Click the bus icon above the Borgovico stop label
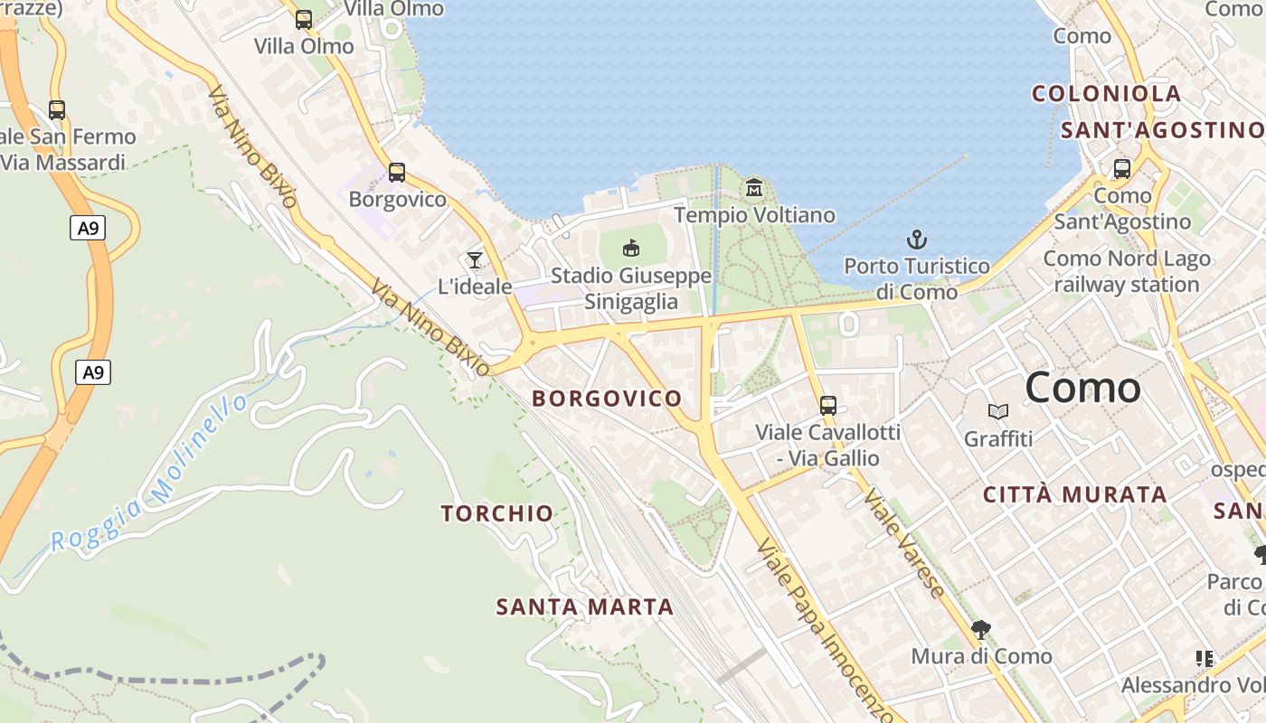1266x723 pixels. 396,173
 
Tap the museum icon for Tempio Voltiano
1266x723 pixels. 754,188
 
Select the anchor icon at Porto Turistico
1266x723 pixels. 917,239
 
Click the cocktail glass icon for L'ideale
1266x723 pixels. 474,260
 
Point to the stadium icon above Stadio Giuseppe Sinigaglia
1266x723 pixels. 631,248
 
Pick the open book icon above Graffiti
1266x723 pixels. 997,412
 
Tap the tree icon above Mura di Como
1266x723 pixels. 980,629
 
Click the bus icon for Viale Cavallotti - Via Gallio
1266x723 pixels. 827,405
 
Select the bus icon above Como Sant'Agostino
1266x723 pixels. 1121,169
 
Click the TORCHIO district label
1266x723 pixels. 497,513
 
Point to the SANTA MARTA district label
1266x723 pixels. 585,607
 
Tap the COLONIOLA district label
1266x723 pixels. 1106,94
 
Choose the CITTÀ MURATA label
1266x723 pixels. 1074,494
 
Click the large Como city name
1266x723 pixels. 1082,388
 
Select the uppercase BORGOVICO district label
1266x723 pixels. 607,399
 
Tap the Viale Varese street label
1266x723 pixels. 903,543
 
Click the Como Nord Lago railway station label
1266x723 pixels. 1126,271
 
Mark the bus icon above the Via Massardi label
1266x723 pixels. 57,110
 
